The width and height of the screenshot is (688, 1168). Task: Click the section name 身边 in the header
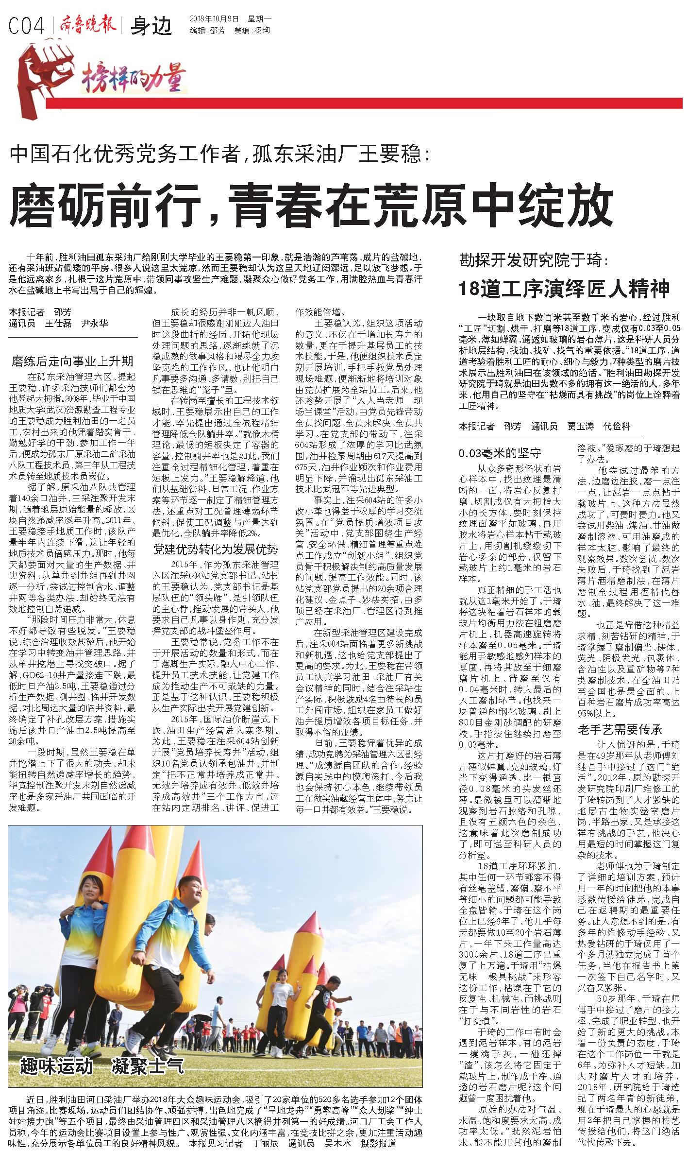point(151,27)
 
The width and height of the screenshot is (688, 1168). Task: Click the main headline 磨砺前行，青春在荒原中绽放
point(311,206)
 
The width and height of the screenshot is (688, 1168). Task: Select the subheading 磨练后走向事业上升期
point(72,361)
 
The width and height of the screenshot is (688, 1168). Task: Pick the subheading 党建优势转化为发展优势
point(216,550)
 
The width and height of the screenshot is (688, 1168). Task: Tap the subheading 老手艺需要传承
point(620,730)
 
